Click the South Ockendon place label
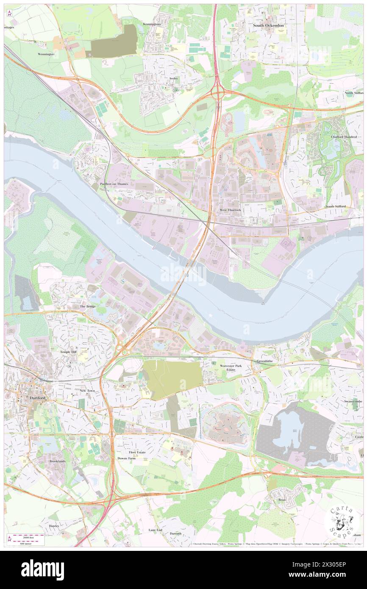point(268,25)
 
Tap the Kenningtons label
point(152,25)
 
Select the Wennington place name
point(46,54)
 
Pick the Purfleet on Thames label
point(114,184)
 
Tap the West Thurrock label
point(230,210)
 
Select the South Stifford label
point(335,206)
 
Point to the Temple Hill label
point(68,352)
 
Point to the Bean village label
point(282,500)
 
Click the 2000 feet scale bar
point(26,536)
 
